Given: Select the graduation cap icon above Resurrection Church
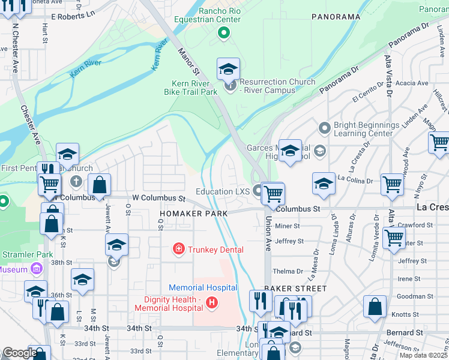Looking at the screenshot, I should click(228, 70).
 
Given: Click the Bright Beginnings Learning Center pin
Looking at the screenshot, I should click(325, 128).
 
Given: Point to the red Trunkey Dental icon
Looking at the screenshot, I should click(178, 249).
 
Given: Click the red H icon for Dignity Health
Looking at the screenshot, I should click(211, 303).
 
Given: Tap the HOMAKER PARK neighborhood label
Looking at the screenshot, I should click(193, 214).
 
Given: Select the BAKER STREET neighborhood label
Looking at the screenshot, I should click(298, 289).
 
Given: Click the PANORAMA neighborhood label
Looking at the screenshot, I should click(336, 17).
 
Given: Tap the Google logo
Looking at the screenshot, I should click(19, 353).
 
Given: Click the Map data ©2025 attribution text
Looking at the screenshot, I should click(423, 355).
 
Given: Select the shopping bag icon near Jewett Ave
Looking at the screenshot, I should click(100, 185).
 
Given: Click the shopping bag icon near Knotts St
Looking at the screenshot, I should click(375, 307).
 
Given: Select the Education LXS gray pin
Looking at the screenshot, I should click(259, 191).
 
